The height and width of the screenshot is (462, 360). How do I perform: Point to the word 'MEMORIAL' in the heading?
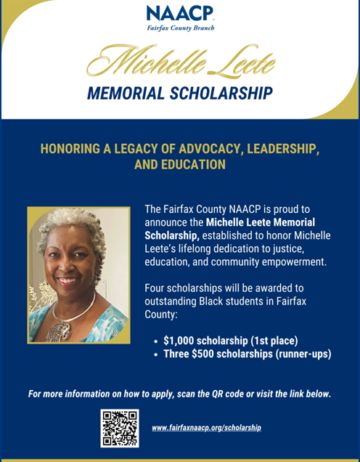pyautogui.click(x=128, y=93)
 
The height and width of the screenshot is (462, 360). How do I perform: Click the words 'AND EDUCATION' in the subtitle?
pyautogui.click(x=179, y=165)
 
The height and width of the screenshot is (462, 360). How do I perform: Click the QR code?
pyautogui.click(x=120, y=428)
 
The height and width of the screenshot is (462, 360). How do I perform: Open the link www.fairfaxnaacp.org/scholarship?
pyautogui.click(x=206, y=428)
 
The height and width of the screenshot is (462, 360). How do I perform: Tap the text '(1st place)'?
pyautogui.click(x=272, y=339)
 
